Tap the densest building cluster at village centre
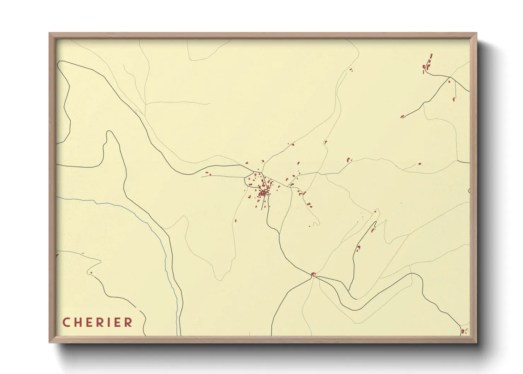tap(263, 193)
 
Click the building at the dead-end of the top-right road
tap(402, 116)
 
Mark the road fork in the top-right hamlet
tap(449, 77)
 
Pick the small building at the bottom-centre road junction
tap(313, 274)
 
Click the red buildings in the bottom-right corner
tap(463, 331)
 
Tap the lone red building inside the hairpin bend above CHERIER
tap(91, 273)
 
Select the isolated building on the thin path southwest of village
tap(236, 221)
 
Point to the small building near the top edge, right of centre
tap(351, 70)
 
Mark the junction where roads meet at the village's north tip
tap(253, 172)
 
